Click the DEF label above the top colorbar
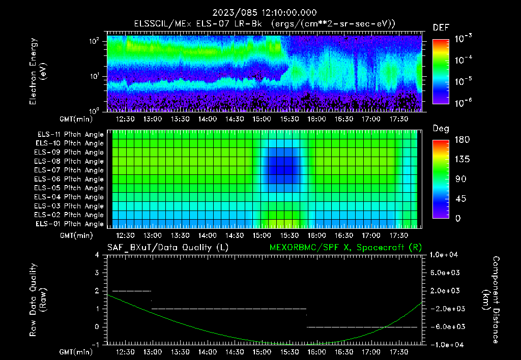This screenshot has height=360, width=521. point(441,27)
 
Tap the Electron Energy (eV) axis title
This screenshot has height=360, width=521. point(38,71)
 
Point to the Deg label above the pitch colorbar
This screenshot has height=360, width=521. point(441,129)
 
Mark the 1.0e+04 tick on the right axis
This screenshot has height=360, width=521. point(445,255)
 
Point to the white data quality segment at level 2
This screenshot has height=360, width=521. point(132,291)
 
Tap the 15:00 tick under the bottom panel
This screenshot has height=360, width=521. point(262,352)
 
